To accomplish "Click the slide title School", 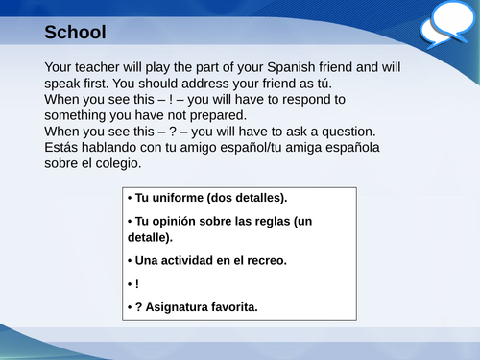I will pyautogui.click(x=75, y=33).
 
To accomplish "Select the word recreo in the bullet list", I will pyautogui.click(x=267, y=260).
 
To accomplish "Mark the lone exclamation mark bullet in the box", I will pyautogui.click(x=137, y=284).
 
